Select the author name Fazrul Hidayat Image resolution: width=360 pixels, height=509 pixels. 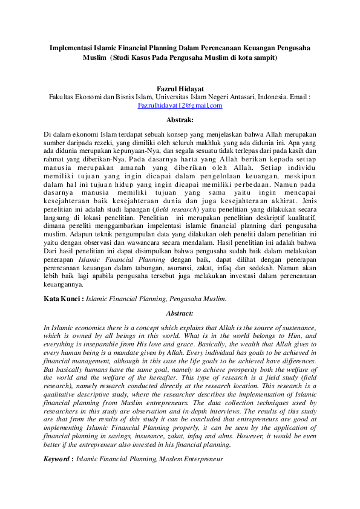180,88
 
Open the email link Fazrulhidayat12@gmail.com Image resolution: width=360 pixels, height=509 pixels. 180,105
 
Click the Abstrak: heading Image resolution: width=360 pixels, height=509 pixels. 180,120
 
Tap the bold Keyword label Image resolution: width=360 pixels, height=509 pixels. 57,459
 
